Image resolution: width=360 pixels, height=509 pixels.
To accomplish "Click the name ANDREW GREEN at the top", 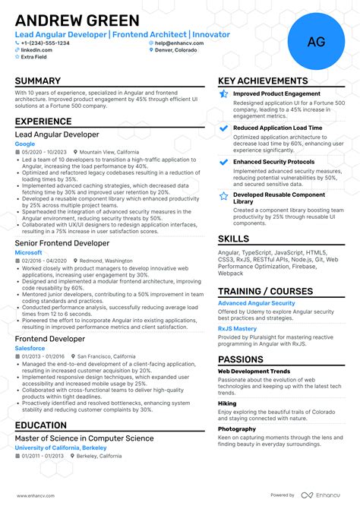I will coord(77,21).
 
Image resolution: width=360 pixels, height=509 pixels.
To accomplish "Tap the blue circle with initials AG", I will coord(316,43).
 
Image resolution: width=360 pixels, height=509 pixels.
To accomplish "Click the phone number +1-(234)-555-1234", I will coord(45,43).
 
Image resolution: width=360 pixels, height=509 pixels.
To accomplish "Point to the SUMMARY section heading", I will coord(38,81).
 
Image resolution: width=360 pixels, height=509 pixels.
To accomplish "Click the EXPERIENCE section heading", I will coord(44,121).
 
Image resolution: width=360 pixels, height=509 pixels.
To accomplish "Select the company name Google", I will coord(25,144).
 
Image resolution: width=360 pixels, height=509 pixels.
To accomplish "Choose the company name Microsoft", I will coord(29,251).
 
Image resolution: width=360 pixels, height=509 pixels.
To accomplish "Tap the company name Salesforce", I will coord(30,348).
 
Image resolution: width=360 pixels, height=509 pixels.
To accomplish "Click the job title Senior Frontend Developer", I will coord(62,243).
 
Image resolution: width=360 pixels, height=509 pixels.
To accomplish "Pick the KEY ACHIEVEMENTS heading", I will coord(263,81).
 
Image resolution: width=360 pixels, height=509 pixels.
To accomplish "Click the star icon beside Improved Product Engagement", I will coord(223,93).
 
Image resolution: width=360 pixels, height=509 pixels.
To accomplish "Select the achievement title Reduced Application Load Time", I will coord(277,128).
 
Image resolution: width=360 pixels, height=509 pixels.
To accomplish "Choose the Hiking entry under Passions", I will coord(227,404).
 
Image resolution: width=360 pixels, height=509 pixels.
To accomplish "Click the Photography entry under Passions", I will coord(236,428).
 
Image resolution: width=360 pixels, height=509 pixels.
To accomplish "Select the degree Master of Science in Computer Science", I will coord(84,438).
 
